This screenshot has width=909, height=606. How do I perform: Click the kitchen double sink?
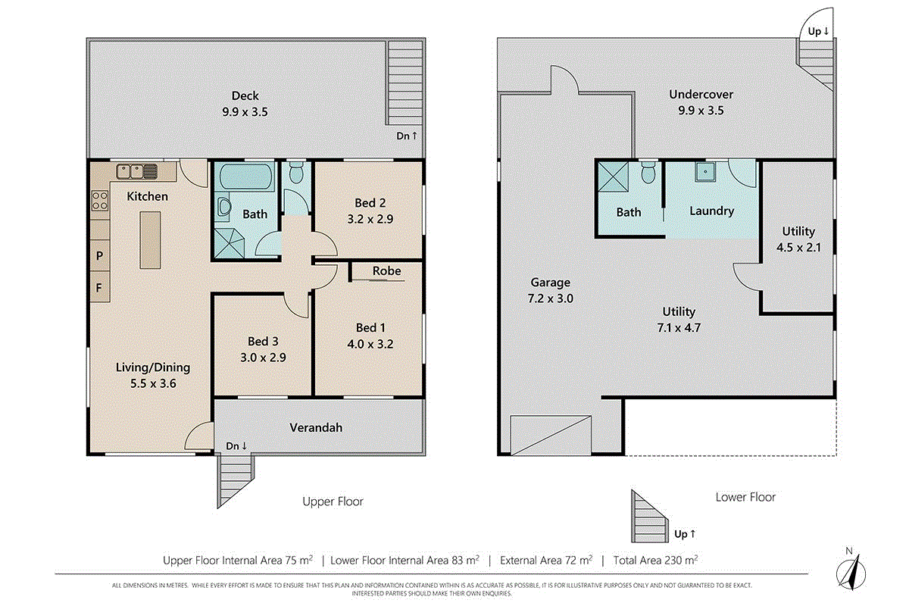coord(136,171)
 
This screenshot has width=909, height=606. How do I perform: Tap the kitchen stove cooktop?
coord(100,200)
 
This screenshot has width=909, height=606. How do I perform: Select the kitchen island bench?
coord(151,239)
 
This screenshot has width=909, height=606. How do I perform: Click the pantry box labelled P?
coord(100,256)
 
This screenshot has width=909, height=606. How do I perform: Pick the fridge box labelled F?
coord(100,287)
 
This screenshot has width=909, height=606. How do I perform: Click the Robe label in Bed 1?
coord(386,270)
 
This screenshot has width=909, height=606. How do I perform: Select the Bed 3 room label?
coord(263,341)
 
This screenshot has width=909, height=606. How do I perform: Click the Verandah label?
coord(316,427)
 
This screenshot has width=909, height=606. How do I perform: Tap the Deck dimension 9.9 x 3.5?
coord(245,111)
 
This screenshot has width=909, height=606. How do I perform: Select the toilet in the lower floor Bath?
coord(647,173)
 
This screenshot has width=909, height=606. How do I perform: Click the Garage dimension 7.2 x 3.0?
coord(550,298)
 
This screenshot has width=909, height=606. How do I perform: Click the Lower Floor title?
coord(745,497)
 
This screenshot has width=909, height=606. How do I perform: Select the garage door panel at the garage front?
coord(551,434)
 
